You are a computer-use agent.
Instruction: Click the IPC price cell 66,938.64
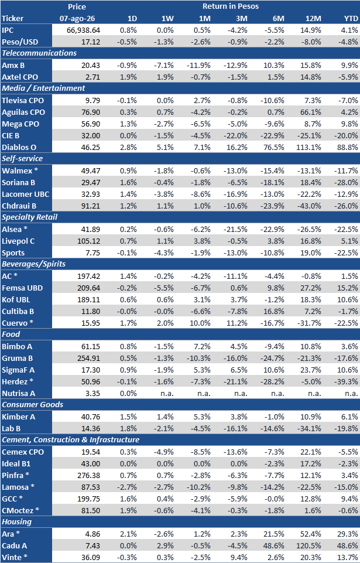[x=83, y=30]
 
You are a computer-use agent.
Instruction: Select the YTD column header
[x=351, y=18]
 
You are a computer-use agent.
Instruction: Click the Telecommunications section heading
[x=39, y=53]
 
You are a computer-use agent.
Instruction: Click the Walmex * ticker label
[x=17, y=170]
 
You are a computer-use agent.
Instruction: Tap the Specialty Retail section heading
[x=29, y=217]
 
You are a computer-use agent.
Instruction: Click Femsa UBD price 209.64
[x=89, y=288]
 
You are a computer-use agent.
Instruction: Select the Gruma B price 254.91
[x=89, y=358]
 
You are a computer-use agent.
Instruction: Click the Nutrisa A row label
[x=18, y=393]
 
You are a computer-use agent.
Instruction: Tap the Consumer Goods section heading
[x=33, y=405]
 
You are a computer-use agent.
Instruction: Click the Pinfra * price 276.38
[x=89, y=475]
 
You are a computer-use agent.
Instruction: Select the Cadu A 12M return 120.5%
[x=310, y=545]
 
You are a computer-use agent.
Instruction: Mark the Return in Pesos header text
[x=231, y=6]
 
